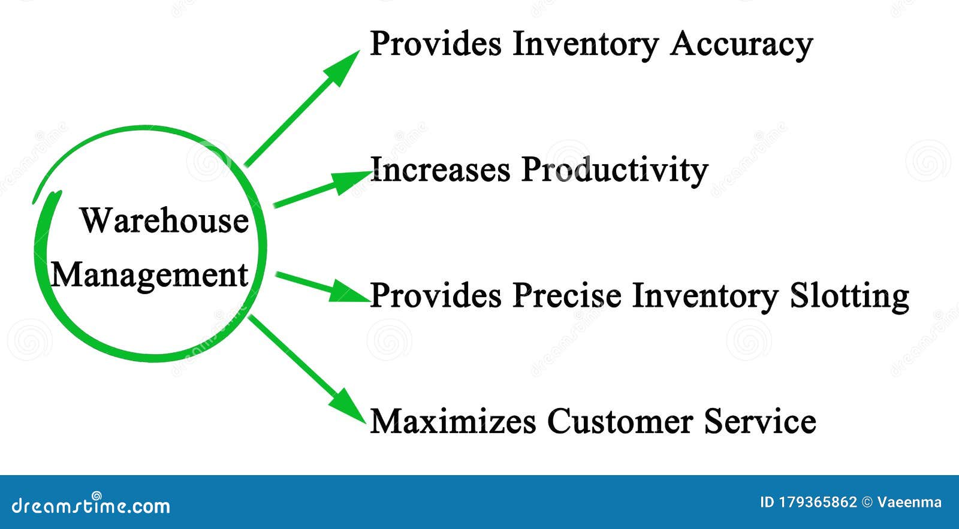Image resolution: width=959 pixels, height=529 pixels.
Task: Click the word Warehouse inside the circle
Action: click(x=164, y=220)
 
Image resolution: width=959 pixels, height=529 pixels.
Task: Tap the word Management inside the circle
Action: click(x=149, y=276)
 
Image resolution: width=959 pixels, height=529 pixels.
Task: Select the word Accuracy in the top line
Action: click(x=741, y=44)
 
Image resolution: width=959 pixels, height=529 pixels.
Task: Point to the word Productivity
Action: click(x=614, y=171)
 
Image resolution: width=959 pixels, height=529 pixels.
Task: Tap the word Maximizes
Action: click(x=453, y=421)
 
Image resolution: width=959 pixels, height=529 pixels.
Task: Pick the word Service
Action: click(x=759, y=421)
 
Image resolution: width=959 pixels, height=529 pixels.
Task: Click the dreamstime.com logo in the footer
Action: click(x=91, y=505)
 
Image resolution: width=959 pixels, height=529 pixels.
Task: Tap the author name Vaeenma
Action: click(x=909, y=503)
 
